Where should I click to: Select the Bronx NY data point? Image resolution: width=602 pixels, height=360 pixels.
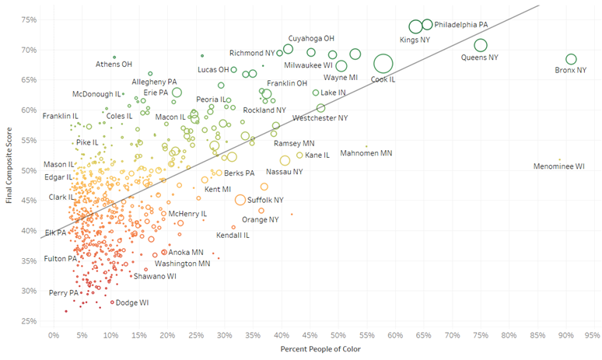571,59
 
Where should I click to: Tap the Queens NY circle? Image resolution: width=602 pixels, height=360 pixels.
481,45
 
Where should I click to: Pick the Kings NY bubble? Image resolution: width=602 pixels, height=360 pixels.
416,27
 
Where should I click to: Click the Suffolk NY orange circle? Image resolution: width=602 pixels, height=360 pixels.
240,200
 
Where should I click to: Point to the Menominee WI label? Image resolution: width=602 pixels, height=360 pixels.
558,166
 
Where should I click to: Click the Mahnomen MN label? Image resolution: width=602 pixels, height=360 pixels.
366,153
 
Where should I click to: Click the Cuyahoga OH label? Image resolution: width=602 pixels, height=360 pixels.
311,37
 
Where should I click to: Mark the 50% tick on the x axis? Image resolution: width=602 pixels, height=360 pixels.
338,335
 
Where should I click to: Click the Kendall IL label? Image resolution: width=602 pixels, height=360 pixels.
233,235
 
